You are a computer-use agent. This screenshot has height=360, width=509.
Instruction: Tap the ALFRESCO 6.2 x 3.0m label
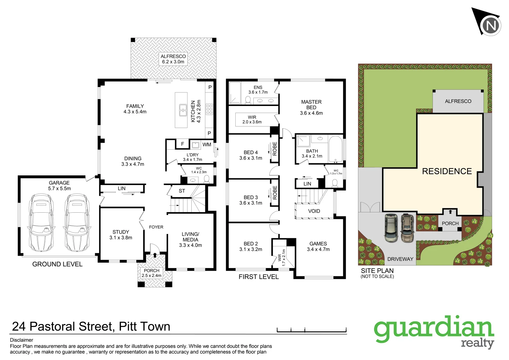173,59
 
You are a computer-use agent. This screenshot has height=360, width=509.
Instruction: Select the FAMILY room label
135,109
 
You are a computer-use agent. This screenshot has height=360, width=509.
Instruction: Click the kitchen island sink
183,110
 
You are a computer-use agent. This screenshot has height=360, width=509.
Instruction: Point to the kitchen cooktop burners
209,109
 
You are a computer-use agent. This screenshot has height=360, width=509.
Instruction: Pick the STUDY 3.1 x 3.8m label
121,235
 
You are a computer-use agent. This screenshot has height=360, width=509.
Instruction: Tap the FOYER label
156,227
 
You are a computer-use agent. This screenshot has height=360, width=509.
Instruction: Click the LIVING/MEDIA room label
190,240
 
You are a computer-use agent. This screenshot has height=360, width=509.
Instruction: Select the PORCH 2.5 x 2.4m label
152,273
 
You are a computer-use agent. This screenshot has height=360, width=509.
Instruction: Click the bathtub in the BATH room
336,149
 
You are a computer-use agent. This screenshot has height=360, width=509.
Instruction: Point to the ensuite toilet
248,100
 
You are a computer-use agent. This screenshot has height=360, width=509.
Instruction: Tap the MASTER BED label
311,107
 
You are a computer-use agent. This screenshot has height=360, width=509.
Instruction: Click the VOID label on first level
314,211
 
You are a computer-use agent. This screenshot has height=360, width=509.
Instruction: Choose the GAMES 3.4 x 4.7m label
318,246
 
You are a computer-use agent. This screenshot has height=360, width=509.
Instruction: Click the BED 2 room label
251,246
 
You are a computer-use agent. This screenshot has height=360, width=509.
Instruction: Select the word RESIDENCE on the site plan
447,171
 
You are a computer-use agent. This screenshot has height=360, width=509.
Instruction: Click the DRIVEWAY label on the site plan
400,259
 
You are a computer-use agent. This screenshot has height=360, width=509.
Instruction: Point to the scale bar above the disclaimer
312,331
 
